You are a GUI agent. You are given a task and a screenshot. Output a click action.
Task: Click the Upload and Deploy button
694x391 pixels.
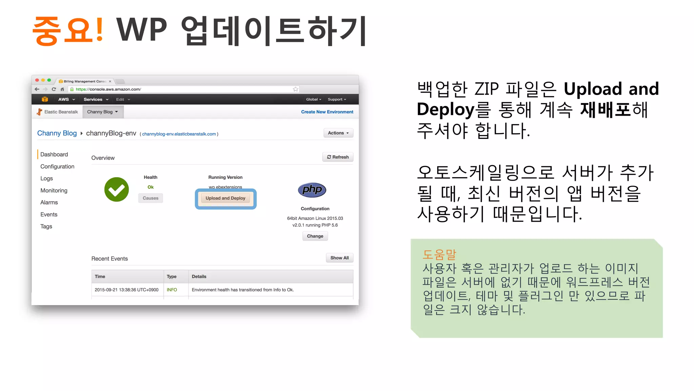225,198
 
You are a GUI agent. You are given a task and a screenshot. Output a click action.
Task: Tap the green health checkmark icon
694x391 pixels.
117,189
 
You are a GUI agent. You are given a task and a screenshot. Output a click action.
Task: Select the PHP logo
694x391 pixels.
312,190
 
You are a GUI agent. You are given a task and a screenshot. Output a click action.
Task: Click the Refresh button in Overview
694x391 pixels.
338,157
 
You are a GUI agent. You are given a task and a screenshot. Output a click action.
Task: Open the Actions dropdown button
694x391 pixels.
338,133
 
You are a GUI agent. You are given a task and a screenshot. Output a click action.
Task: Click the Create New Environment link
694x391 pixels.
327,112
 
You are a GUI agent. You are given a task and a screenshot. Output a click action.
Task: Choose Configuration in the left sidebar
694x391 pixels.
57,167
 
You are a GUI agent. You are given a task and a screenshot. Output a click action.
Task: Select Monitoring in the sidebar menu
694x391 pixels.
54,190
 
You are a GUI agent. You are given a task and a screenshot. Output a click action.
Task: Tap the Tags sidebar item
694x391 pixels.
46,226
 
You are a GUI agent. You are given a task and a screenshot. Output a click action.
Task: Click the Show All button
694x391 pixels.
339,258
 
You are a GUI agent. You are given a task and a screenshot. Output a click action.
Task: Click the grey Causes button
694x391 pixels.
150,198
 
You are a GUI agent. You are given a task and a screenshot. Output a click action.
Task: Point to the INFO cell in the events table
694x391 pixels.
172,290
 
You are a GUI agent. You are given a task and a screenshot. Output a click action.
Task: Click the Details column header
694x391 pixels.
199,277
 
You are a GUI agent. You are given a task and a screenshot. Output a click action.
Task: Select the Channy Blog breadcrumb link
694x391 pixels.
57,133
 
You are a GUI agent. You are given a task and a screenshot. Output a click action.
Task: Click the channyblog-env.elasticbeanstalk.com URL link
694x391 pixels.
179,134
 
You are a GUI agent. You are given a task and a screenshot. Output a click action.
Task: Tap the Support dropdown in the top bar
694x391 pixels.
337,99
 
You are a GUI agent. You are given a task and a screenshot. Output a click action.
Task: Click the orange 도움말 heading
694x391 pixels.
439,254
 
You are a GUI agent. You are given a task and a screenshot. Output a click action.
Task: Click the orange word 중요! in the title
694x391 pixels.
68,31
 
